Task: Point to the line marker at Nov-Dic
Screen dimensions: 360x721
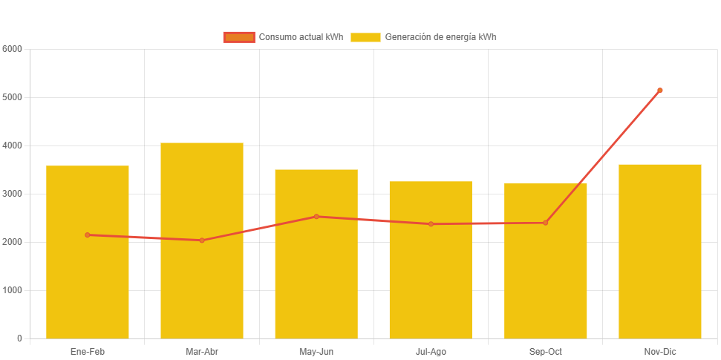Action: click(x=659, y=91)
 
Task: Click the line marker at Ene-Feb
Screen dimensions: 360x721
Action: click(x=88, y=235)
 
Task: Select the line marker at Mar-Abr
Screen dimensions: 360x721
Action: click(x=202, y=240)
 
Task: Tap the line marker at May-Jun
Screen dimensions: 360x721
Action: click(x=316, y=217)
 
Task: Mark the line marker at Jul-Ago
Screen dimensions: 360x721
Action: click(x=431, y=224)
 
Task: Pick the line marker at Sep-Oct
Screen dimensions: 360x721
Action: click(x=545, y=223)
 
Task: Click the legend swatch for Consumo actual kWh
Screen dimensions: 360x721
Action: click(x=238, y=37)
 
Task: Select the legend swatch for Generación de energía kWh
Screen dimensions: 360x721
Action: click(x=365, y=37)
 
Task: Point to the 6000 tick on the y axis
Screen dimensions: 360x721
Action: click(x=13, y=49)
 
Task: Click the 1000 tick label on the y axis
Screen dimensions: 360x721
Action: click(x=13, y=290)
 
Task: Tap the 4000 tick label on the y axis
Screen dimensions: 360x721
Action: click(x=13, y=145)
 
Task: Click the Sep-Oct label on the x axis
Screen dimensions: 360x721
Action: click(x=545, y=352)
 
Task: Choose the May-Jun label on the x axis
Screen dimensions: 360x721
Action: click(x=316, y=352)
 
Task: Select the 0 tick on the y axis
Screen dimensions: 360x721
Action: click(x=19, y=338)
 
